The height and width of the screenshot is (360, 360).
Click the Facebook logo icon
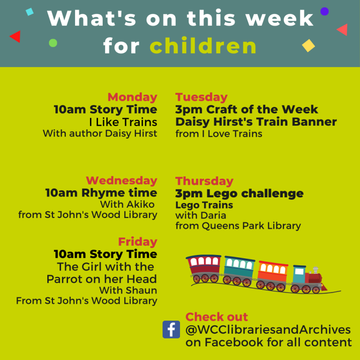171,329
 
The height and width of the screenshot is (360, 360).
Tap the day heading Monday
132,97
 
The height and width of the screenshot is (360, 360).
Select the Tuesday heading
201,97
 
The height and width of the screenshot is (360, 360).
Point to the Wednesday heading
121,180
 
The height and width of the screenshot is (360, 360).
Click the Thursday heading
204,181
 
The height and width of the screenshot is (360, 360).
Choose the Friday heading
137,242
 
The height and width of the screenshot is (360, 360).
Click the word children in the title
203,46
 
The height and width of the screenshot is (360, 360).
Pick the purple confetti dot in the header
324,11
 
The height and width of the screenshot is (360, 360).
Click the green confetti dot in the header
53,43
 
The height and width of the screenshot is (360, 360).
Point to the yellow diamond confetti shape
308,45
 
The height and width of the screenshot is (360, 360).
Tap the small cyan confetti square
30,12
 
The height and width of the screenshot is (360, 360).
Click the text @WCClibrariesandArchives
268,330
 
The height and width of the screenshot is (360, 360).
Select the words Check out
217,316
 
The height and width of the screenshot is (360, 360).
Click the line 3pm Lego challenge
239,193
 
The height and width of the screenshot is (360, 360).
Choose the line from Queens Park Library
238,226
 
